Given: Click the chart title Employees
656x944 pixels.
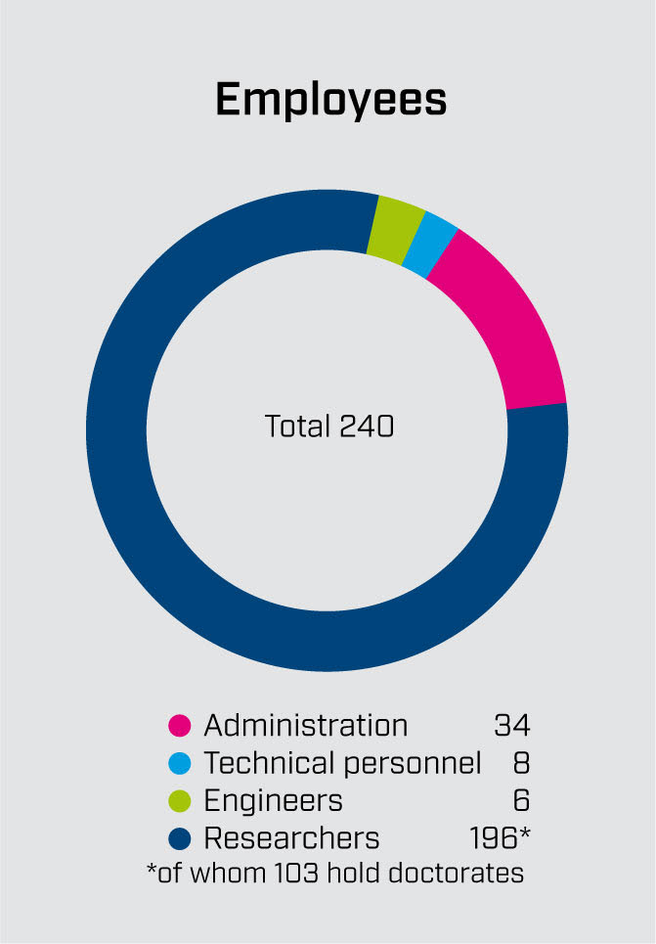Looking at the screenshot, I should pyautogui.click(x=330, y=100).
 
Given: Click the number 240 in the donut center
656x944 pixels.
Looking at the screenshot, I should pyautogui.click(x=367, y=427).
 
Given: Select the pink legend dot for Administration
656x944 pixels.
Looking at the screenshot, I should pyautogui.click(x=180, y=727).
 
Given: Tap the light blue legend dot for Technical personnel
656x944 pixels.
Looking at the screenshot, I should pyautogui.click(x=180, y=764).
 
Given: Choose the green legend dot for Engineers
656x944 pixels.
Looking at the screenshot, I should pyautogui.click(x=180, y=801).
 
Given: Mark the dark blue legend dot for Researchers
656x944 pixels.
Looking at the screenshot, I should pyautogui.click(x=180, y=838).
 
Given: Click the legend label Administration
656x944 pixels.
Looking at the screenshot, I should pyautogui.click(x=305, y=726).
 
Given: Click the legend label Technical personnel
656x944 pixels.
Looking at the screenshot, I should pyautogui.click(x=342, y=763).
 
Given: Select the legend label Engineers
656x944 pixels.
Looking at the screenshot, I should pyautogui.click(x=273, y=801).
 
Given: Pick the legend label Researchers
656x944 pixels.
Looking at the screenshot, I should pyautogui.click(x=291, y=838).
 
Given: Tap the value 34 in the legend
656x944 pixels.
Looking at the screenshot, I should pyautogui.click(x=511, y=726).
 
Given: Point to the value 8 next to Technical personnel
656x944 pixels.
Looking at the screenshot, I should pyautogui.click(x=520, y=763).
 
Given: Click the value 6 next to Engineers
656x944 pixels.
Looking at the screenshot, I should pyautogui.click(x=520, y=801).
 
